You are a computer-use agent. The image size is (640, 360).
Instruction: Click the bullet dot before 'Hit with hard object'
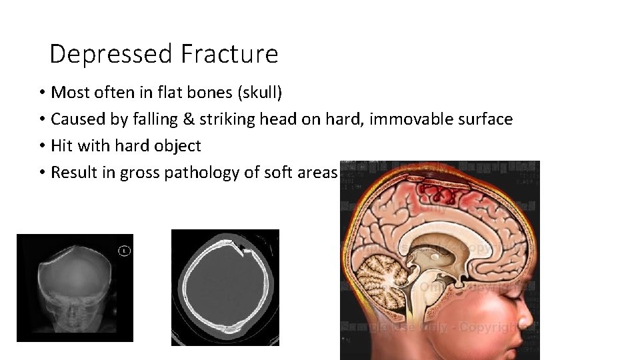click(41, 146)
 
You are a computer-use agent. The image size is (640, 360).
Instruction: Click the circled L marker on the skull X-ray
click(124, 251)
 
